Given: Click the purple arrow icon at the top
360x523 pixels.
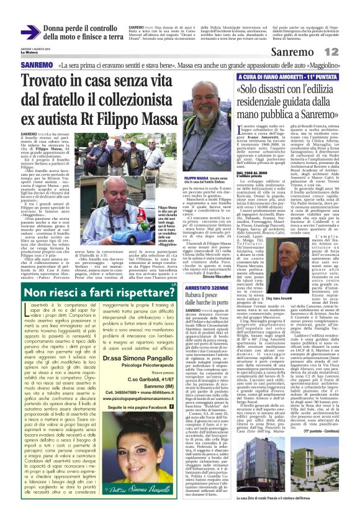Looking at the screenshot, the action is coord(30,32).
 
